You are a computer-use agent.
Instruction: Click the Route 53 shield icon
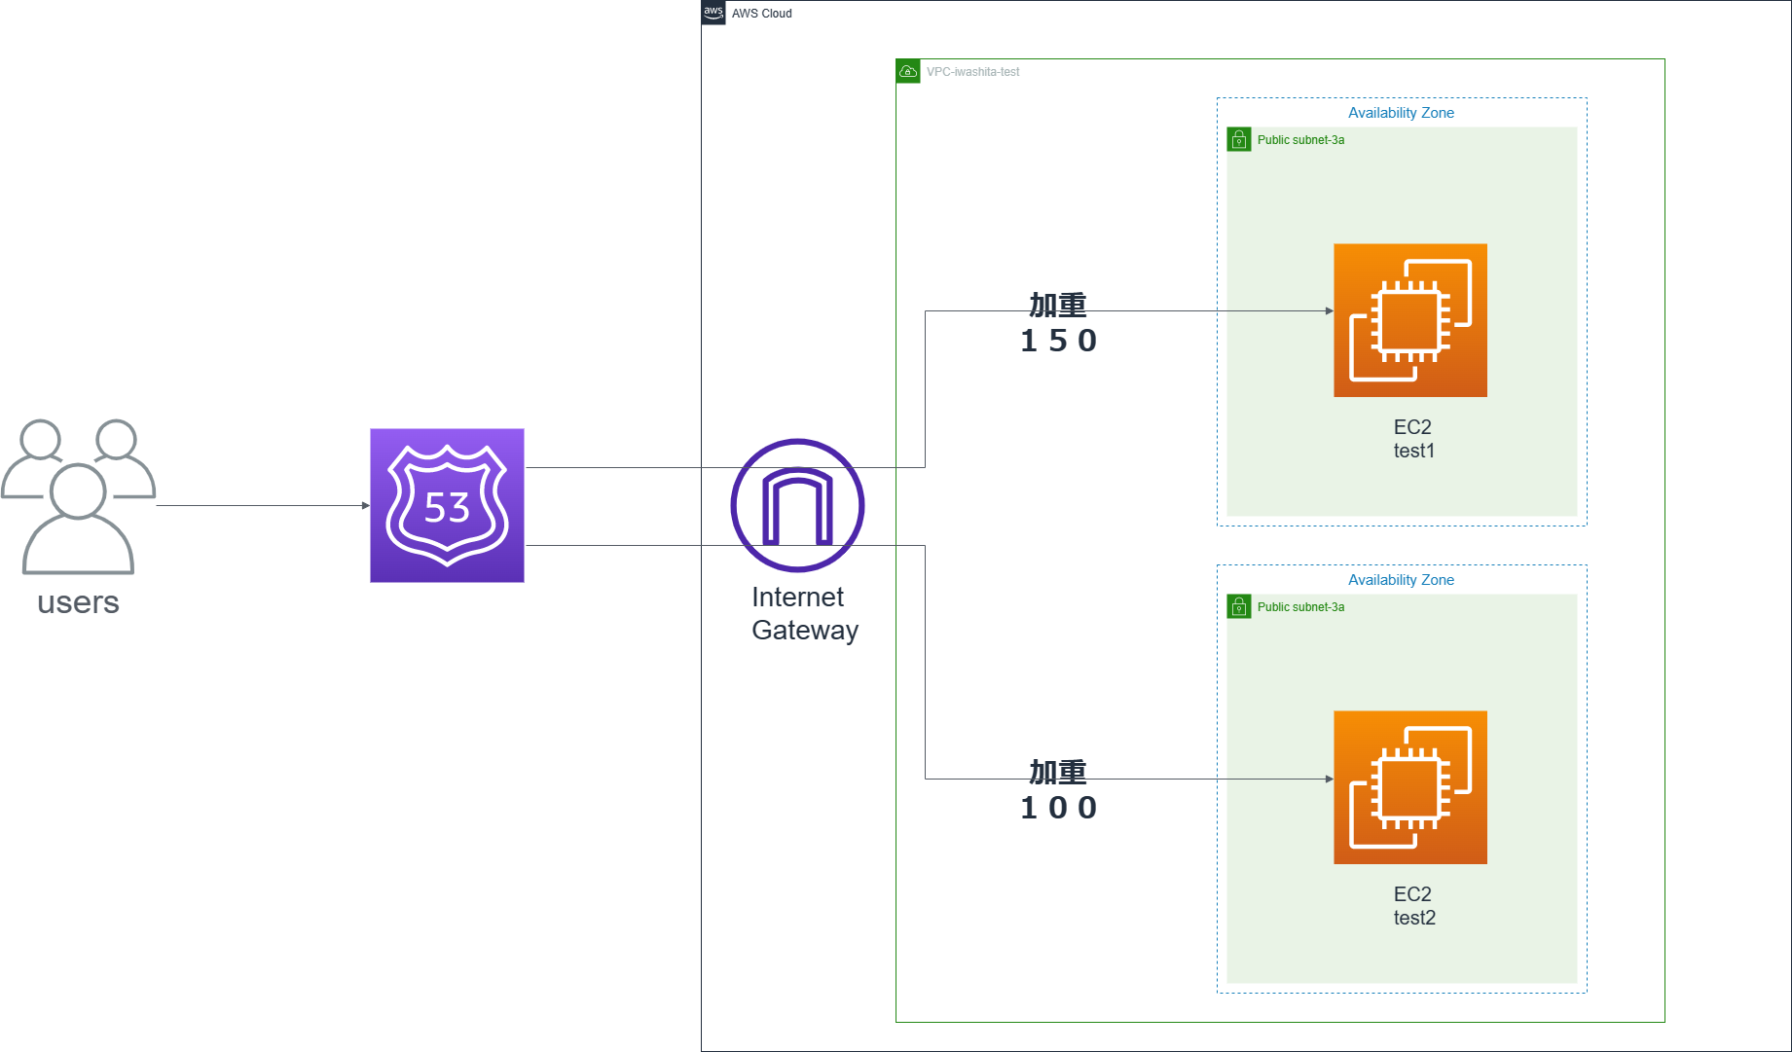coord(447,505)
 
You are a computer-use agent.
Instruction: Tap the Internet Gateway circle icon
coord(797,505)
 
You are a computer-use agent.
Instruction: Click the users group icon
coord(78,496)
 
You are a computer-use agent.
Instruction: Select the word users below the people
coord(78,602)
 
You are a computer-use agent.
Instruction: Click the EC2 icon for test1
coord(1409,320)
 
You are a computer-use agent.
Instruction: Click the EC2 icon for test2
coord(1409,787)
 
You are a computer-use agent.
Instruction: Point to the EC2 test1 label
coord(1413,439)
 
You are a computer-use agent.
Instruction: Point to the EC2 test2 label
coord(1413,906)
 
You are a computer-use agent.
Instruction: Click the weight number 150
coord(1058,341)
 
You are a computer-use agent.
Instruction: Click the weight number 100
coord(1058,808)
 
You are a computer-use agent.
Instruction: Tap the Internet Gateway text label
coord(804,613)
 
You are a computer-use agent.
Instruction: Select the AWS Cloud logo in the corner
coord(713,13)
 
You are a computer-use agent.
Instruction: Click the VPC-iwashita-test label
coord(972,72)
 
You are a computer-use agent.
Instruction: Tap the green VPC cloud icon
coord(907,71)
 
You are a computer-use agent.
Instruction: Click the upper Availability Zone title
coord(1401,113)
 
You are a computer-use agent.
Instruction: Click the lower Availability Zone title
coord(1401,580)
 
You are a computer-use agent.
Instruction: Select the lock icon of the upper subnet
coord(1238,140)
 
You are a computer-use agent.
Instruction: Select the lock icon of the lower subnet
coord(1238,607)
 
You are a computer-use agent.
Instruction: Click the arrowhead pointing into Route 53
coord(365,505)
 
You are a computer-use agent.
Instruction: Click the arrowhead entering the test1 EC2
coord(1329,311)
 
